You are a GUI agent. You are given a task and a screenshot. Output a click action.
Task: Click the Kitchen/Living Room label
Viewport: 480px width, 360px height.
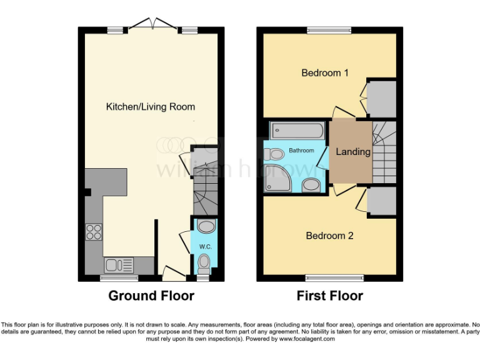pyautogui.click(x=150, y=107)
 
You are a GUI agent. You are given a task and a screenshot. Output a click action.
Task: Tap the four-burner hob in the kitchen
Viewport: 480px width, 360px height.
pyautogui.click(x=94, y=232)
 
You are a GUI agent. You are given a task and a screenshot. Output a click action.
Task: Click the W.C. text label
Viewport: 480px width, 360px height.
pyautogui.click(x=205, y=247)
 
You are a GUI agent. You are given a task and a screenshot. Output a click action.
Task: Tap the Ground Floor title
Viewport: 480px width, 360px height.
pyautogui.click(x=151, y=296)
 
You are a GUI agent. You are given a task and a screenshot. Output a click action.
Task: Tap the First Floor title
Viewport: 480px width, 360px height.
pyautogui.click(x=329, y=296)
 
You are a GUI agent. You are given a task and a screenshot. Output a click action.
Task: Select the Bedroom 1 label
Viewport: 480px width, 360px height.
pyautogui.click(x=325, y=72)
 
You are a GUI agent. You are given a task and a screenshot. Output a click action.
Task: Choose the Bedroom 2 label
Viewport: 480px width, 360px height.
pyautogui.click(x=329, y=236)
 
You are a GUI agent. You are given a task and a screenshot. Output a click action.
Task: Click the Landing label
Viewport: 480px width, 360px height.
pyautogui.click(x=353, y=152)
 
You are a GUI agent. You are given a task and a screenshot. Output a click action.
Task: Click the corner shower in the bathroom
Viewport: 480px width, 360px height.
pyautogui.click(x=277, y=179)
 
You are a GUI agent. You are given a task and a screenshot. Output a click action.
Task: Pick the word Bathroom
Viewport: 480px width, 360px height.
pyautogui.click(x=301, y=151)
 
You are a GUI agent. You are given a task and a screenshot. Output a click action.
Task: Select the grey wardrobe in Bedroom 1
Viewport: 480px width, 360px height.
pyautogui.click(x=381, y=99)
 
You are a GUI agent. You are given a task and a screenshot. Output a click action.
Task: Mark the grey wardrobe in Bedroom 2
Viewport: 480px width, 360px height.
pyautogui.click(x=381, y=202)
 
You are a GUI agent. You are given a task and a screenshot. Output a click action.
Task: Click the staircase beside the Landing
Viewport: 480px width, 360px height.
pyautogui.click(x=384, y=152)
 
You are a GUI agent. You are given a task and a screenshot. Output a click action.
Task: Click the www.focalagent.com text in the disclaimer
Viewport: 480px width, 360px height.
pyautogui.click(x=306, y=339)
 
